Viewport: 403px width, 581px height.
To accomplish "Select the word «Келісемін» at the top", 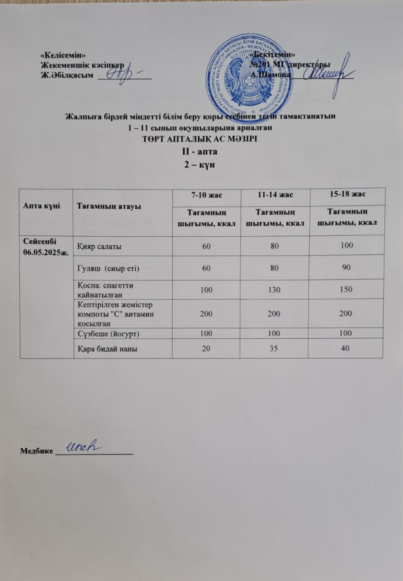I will point(63,55).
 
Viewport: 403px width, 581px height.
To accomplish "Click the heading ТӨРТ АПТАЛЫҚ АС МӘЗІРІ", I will point(200,139).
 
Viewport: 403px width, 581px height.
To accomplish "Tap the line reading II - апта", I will point(200,151).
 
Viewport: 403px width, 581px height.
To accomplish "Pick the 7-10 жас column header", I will point(206,195).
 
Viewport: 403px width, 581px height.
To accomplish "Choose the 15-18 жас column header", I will point(347,194).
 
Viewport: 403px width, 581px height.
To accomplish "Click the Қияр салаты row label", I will point(99,247).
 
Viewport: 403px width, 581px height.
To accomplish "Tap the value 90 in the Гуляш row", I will point(346,267).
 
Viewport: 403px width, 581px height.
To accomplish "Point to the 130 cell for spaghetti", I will point(274,290).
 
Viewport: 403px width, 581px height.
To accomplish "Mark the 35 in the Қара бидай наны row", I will point(274,348).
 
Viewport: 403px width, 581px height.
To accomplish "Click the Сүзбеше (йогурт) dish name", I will point(109,334).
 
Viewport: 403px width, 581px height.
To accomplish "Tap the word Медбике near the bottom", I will point(37,451).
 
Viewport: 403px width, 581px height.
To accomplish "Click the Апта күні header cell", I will point(41,206).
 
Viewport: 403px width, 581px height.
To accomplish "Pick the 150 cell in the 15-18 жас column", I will point(346,289).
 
